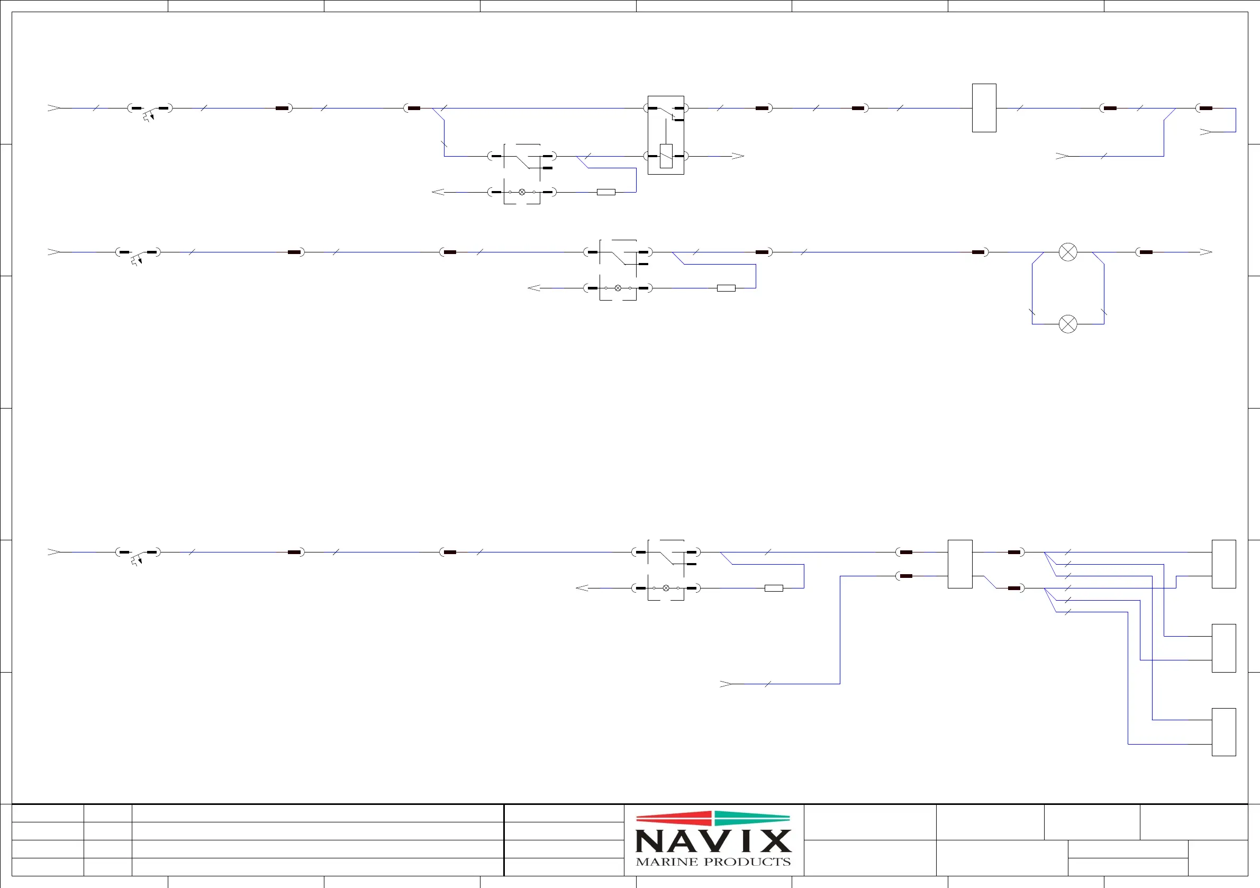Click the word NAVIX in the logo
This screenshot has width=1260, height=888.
tap(713, 841)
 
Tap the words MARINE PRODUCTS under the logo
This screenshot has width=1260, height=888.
tap(713, 862)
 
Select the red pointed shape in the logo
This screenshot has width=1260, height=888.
tap(674, 818)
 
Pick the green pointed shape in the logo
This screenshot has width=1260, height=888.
tap(753, 818)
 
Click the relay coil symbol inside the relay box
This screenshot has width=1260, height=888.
tap(666, 156)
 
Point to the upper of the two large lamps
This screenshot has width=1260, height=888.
tap(1067, 252)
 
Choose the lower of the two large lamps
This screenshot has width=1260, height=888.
tap(1067, 324)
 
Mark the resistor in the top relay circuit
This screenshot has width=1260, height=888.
tap(606, 192)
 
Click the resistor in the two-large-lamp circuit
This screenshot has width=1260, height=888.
tap(726, 288)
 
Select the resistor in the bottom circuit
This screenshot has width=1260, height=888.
tap(774, 588)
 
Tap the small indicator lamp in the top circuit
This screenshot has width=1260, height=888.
tap(522, 192)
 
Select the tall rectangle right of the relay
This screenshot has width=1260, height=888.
tap(984, 107)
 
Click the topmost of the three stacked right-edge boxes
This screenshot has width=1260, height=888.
tap(1224, 564)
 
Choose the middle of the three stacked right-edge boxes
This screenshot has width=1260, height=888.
tap(1224, 648)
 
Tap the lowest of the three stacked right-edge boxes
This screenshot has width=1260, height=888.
tap(1224, 732)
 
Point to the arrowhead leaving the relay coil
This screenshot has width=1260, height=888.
tap(738, 156)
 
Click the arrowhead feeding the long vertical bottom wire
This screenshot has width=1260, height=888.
tap(726, 684)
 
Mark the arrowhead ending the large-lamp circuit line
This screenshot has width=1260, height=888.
tap(1205, 252)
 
